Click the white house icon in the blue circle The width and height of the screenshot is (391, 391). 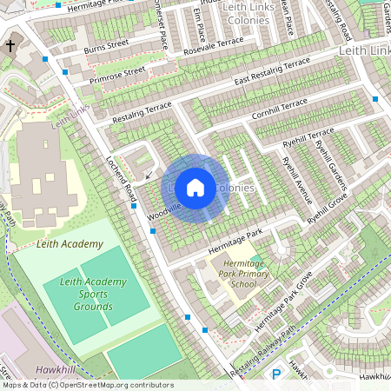click(195, 188)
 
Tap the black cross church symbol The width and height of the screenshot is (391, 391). click(10, 45)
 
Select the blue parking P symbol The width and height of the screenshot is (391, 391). click(277, 374)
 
